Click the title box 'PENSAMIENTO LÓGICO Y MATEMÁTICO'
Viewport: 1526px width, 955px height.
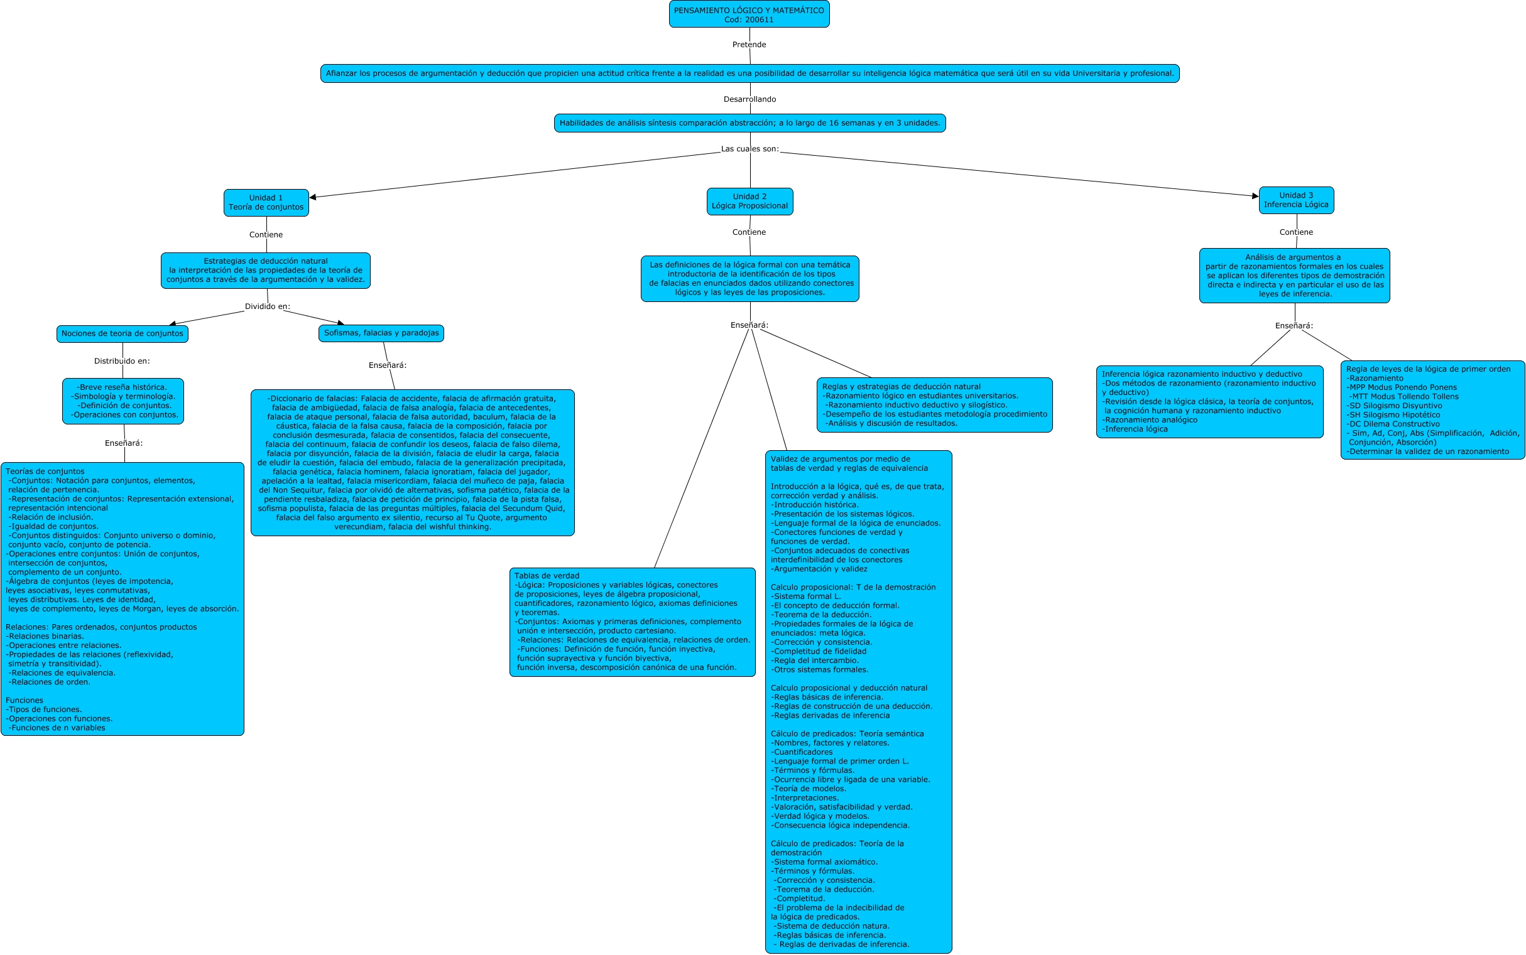pyautogui.click(x=749, y=14)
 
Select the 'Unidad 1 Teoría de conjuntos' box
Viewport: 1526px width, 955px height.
pyautogui.click(x=266, y=203)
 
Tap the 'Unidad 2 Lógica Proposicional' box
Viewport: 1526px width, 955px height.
pyautogui.click(x=749, y=202)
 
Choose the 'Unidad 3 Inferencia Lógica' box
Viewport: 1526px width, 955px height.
pyautogui.click(x=1296, y=200)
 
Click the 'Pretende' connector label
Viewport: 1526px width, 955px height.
pyautogui.click(x=749, y=45)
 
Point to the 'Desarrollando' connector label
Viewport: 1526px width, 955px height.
pyautogui.click(x=749, y=99)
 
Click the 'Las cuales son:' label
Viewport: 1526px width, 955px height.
pyautogui.click(x=749, y=149)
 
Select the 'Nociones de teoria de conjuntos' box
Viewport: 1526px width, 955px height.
pyautogui.click(x=122, y=333)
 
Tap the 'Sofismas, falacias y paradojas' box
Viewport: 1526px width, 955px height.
pyautogui.click(x=381, y=333)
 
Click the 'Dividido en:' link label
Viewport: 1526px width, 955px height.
pyautogui.click(x=267, y=306)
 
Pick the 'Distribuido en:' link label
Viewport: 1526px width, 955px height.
pyautogui.click(x=122, y=361)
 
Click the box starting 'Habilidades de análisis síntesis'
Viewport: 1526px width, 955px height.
pyautogui.click(x=749, y=123)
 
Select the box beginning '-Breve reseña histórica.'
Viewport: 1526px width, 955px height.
pyautogui.click(x=123, y=401)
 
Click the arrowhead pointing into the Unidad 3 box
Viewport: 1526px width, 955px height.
pyautogui.click(x=1255, y=196)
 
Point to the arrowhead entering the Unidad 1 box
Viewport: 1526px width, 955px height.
pyautogui.click(x=313, y=198)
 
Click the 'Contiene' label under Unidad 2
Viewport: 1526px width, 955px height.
pyautogui.click(x=749, y=232)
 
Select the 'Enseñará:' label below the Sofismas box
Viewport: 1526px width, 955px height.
pyautogui.click(x=388, y=365)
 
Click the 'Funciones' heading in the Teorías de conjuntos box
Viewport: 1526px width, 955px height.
pyautogui.click(x=25, y=701)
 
